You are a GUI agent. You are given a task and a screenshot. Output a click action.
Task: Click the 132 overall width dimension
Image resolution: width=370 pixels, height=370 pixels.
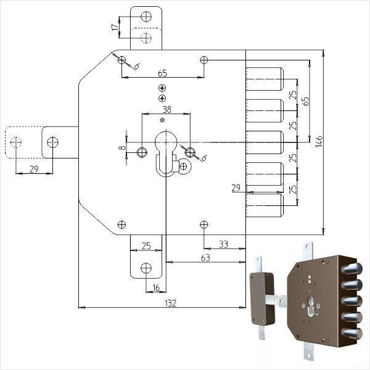point(171,302)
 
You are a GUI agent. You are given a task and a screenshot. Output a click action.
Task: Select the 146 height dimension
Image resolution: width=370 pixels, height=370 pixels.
point(319,142)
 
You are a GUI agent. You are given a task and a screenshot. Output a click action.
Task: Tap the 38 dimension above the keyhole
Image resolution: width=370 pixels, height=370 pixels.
point(166,109)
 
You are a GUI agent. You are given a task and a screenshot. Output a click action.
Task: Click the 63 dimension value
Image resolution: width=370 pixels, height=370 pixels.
point(205,258)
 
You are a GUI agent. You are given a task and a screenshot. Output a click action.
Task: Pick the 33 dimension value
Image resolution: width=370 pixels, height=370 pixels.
point(223,244)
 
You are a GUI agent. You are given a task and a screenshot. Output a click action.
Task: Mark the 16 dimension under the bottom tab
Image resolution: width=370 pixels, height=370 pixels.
point(155,288)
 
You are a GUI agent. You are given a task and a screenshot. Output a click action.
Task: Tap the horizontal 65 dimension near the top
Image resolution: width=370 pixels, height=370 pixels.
point(162,72)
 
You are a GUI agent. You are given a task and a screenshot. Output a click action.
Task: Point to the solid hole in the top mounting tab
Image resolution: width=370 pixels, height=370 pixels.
point(146,17)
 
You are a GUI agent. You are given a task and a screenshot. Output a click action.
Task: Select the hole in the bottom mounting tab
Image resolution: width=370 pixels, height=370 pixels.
point(146,268)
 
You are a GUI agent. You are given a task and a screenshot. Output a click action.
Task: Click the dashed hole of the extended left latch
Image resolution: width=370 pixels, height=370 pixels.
point(16,142)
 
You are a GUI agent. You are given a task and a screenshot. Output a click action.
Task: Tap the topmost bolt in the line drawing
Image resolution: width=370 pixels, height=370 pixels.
point(265,79)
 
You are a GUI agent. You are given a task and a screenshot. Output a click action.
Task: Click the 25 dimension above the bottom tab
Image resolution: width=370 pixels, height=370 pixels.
point(146,246)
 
